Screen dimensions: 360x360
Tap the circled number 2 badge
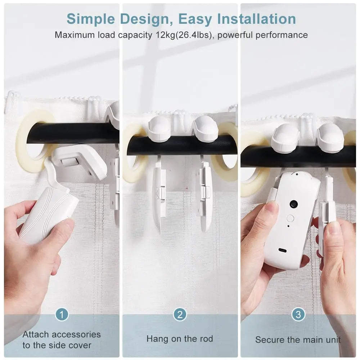pos(180,315)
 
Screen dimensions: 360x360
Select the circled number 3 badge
pos(298,315)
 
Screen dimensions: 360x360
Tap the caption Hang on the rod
pos(180,339)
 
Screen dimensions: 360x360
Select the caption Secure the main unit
pos(298,339)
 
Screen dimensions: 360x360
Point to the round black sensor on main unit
pos(293,204)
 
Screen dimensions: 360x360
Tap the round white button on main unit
pos(290,218)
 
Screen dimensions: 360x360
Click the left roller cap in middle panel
pos(158,128)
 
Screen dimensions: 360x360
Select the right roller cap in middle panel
pos(204,128)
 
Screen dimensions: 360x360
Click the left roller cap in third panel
pos(286,138)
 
